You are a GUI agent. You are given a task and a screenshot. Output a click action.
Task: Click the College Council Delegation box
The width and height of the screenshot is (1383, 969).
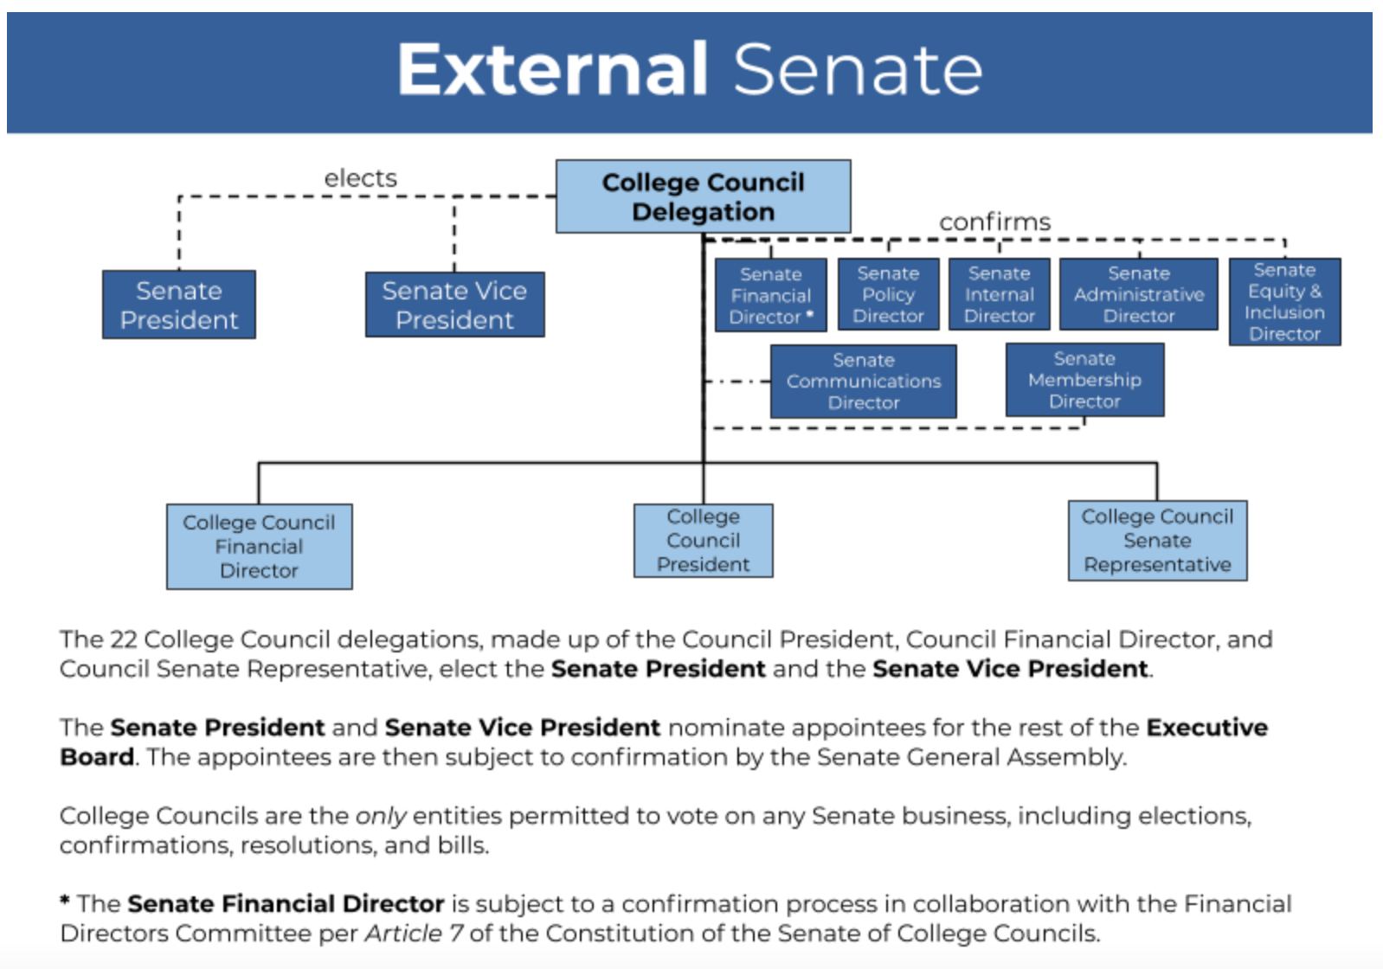point(704,196)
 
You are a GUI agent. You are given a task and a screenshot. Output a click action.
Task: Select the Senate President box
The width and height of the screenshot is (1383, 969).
point(179,305)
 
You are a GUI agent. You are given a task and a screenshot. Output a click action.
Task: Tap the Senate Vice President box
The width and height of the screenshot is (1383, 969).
point(455,305)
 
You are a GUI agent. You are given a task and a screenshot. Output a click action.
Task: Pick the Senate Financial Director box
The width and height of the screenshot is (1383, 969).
point(770,295)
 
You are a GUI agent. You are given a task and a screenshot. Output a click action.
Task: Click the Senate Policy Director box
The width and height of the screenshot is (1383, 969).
point(889,294)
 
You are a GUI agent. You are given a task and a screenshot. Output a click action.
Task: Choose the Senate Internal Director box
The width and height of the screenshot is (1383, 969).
point(999,294)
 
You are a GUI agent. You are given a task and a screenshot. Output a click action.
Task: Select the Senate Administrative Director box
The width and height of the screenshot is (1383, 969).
point(1138,294)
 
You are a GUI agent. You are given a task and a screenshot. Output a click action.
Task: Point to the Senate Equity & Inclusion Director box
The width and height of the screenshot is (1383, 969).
point(1285,302)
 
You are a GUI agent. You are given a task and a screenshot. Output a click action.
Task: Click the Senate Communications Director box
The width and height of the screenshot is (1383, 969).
point(863,382)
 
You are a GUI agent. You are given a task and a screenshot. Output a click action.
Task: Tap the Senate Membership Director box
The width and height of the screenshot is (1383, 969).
point(1084,380)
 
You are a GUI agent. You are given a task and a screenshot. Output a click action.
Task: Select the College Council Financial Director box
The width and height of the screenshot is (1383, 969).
point(260,547)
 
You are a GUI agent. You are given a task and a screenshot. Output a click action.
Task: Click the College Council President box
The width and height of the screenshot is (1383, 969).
point(704,541)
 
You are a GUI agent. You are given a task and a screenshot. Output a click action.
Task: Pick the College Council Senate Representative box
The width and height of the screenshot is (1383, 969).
point(1158,541)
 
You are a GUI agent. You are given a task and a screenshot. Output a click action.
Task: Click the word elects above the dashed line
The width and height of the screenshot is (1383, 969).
point(361,178)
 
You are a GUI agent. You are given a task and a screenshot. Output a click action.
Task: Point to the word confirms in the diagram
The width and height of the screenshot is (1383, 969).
point(994,222)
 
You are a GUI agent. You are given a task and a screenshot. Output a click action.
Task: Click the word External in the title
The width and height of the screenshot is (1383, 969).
point(552,69)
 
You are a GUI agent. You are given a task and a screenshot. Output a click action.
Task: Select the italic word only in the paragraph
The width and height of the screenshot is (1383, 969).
point(381,817)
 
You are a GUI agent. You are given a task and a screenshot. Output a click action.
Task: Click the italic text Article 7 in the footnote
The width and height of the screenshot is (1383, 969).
point(414,934)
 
